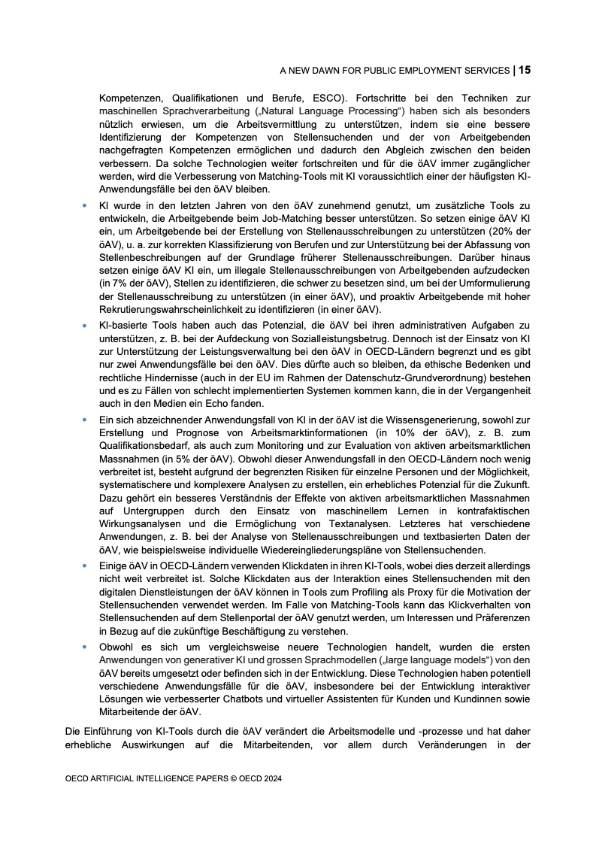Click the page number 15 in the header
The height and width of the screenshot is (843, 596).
[525, 71]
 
